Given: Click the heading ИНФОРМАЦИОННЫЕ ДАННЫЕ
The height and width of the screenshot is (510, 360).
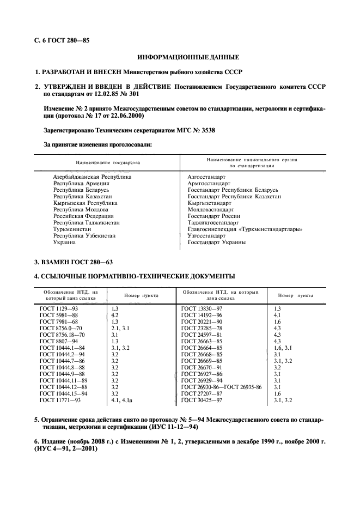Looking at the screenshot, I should tap(188, 57).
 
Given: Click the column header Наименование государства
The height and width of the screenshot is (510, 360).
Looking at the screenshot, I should tap(108, 163).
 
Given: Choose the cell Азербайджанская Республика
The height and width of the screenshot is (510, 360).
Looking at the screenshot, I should tap(92, 177).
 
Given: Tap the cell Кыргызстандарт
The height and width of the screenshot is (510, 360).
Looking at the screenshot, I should tap(210, 203).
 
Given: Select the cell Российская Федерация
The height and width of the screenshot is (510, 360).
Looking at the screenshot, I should tap(83, 216).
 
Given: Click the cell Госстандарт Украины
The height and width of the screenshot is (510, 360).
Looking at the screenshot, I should tap(216, 242).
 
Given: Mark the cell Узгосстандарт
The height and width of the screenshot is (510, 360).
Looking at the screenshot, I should tap(206, 235).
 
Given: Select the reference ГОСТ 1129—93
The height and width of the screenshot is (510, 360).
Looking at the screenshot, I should tap(59, 308).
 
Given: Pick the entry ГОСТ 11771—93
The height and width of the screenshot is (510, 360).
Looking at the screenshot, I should tap(60, 400).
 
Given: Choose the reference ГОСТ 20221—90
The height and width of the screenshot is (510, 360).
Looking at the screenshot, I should tap(202, 321).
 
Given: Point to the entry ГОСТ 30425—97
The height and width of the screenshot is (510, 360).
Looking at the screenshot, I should tap(202, 400).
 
